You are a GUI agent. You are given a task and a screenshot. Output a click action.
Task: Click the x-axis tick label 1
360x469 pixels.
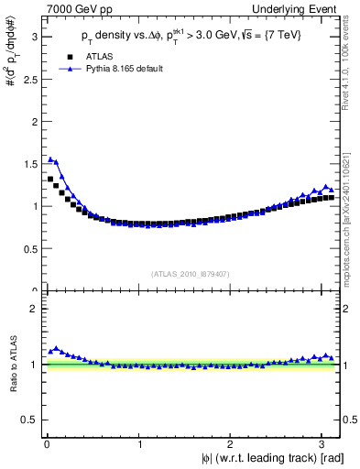pyautogui.click(x=139, y=445)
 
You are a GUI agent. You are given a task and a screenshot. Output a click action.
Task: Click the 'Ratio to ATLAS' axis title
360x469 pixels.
pyautogui.click(x=12, y=364)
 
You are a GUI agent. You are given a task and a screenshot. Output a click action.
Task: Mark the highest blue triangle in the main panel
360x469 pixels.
pyautogui.click(x=50, y=159)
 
